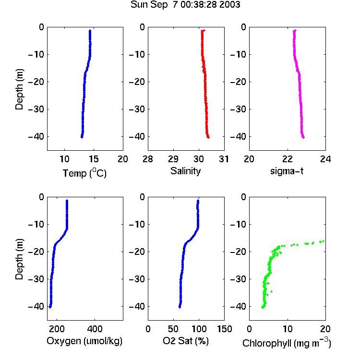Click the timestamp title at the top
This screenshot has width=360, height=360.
[x=185, y=5]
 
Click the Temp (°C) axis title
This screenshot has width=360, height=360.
[x=84, y=173]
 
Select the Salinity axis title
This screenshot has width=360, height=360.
[x=185, y=171]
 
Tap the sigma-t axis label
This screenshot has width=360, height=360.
[x=287, y=171]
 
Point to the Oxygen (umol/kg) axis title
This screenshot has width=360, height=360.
[x=84, y=341]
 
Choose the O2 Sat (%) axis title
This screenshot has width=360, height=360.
[x=186, y=341]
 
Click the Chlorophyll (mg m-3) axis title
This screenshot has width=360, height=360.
[x=287, y=343]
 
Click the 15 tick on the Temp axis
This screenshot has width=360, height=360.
[x=94, y=159]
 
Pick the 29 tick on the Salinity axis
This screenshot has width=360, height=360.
[x=173, y=159]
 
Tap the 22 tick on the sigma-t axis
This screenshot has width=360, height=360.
[x=288, y=159]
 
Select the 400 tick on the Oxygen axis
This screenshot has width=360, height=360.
[x=95, y=329]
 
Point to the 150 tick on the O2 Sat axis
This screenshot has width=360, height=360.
[x=224, y=329]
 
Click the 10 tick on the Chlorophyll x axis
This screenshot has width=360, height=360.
[x=288, y=329]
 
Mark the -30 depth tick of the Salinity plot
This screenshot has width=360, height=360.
[x=136, y=109]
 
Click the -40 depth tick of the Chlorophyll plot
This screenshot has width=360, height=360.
[x=238, y=306]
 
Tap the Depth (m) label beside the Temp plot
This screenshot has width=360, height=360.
[x=19, y=89]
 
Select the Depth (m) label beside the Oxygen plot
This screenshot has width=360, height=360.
[x=19, y=259]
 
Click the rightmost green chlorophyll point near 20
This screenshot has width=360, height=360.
[x=323, y=241]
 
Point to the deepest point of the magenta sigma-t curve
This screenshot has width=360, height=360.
[x=303, y=137]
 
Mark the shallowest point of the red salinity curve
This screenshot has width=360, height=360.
[x=204, y=30]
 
